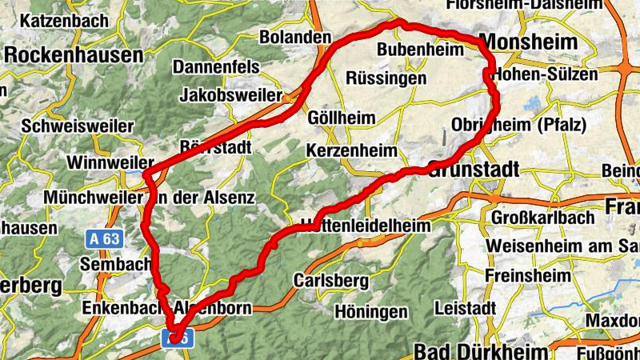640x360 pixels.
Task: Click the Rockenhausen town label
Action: (74, 55)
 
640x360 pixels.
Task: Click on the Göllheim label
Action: (342, 118)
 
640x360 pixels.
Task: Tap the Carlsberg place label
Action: (331, 281)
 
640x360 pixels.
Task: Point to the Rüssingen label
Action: (386, 79)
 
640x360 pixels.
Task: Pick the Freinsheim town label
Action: (528, 275)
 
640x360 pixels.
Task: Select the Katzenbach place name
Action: (63, 20)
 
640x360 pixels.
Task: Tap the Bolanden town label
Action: (295, 38)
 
